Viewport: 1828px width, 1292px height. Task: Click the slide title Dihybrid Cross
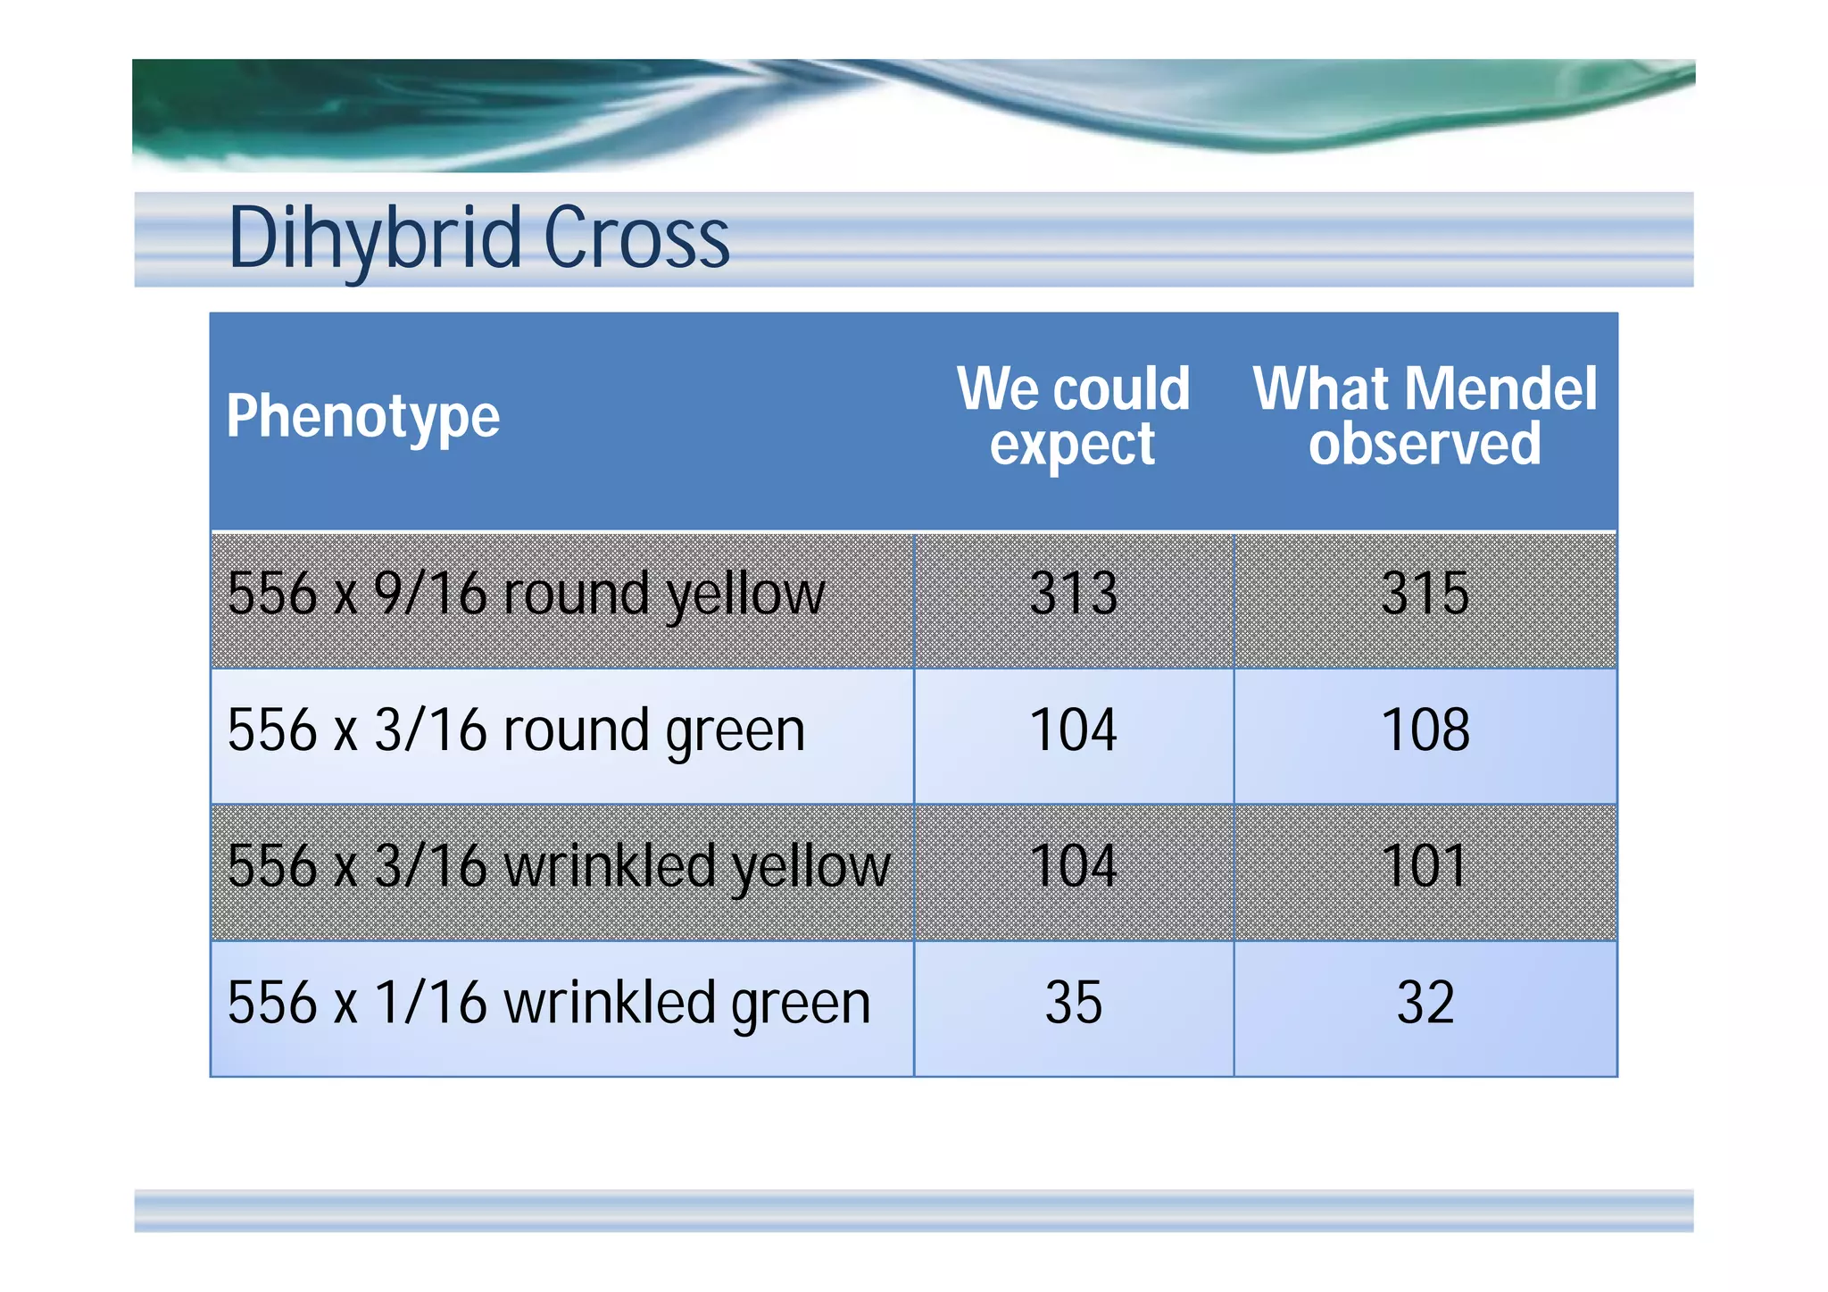479,238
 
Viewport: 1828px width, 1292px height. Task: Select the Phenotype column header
362,417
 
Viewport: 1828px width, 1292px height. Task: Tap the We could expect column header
1073,416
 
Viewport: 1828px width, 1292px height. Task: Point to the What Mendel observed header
1425,416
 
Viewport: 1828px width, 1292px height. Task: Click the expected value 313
1073,594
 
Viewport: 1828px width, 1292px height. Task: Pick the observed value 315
1425,594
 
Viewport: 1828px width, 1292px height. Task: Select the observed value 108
1425,730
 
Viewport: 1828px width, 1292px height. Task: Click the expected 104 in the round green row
1073,730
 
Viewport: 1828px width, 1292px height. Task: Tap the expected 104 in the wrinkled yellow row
1073,866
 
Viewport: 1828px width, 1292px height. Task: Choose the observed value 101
1425,866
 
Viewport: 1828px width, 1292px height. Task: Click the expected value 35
1073,1003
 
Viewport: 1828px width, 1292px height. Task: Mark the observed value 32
1425,1003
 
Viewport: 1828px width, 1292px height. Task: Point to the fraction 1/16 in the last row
430,1003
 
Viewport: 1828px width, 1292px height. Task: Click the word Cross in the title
636,238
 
